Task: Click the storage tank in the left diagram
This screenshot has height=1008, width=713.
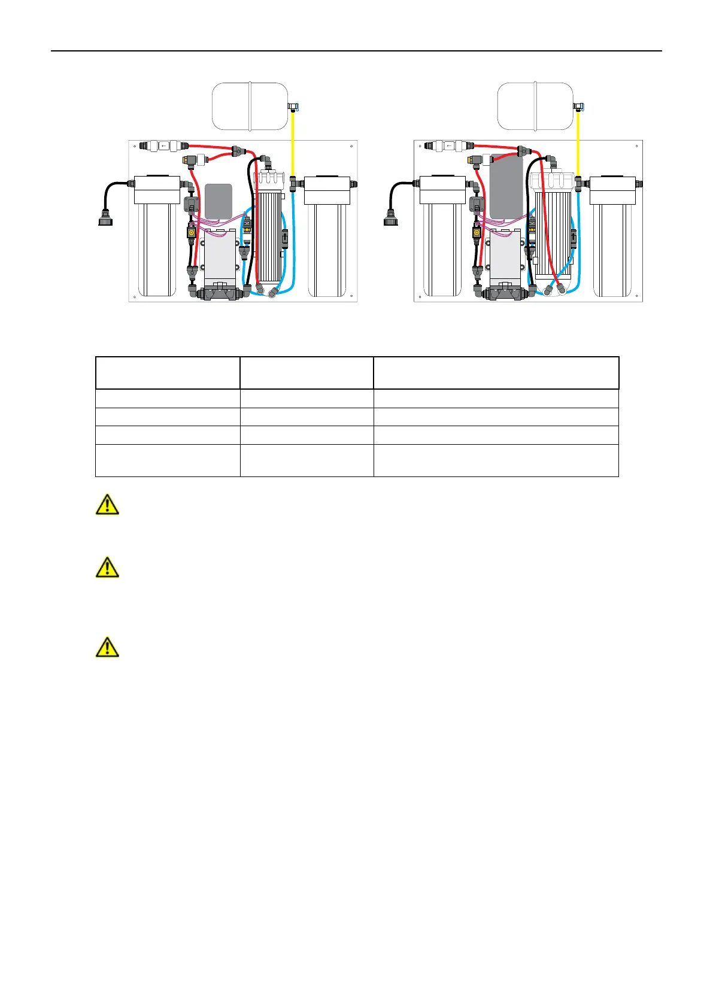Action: pos(250,107)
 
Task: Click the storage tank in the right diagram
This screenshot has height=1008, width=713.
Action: pos(535,107)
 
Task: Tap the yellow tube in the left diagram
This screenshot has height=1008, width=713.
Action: pos(292,144)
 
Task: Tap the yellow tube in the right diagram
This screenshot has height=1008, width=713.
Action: pos(578,144)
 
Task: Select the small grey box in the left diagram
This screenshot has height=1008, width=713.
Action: pos(219,201)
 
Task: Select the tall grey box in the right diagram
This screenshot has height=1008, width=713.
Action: pos(506,187)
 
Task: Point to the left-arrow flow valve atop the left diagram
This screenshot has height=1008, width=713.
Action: pos(163,145)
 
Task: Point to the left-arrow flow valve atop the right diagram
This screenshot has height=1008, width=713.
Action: pos(448,145)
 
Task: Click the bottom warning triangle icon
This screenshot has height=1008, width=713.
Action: pos(107,647)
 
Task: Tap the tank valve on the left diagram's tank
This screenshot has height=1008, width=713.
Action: pos(293,107)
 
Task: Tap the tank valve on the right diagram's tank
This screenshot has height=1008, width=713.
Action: pos(578,107)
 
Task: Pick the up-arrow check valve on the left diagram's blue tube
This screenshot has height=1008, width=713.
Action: pos(284,236)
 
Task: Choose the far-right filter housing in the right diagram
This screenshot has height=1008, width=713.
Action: pos(612,239)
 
